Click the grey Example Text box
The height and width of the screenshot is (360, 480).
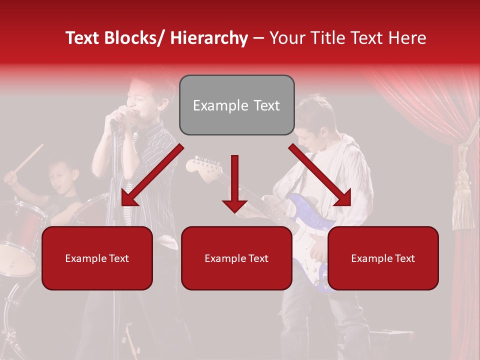[236, 105]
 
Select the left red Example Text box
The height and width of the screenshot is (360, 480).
[97, 258]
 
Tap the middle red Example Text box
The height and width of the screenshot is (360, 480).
[236, 258]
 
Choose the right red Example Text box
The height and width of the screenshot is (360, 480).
[383, 258]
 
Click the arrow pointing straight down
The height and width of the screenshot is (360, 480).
[234, 185]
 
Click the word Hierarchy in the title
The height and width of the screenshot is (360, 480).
[209, 38]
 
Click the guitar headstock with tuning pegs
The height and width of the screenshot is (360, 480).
[202, 166]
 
